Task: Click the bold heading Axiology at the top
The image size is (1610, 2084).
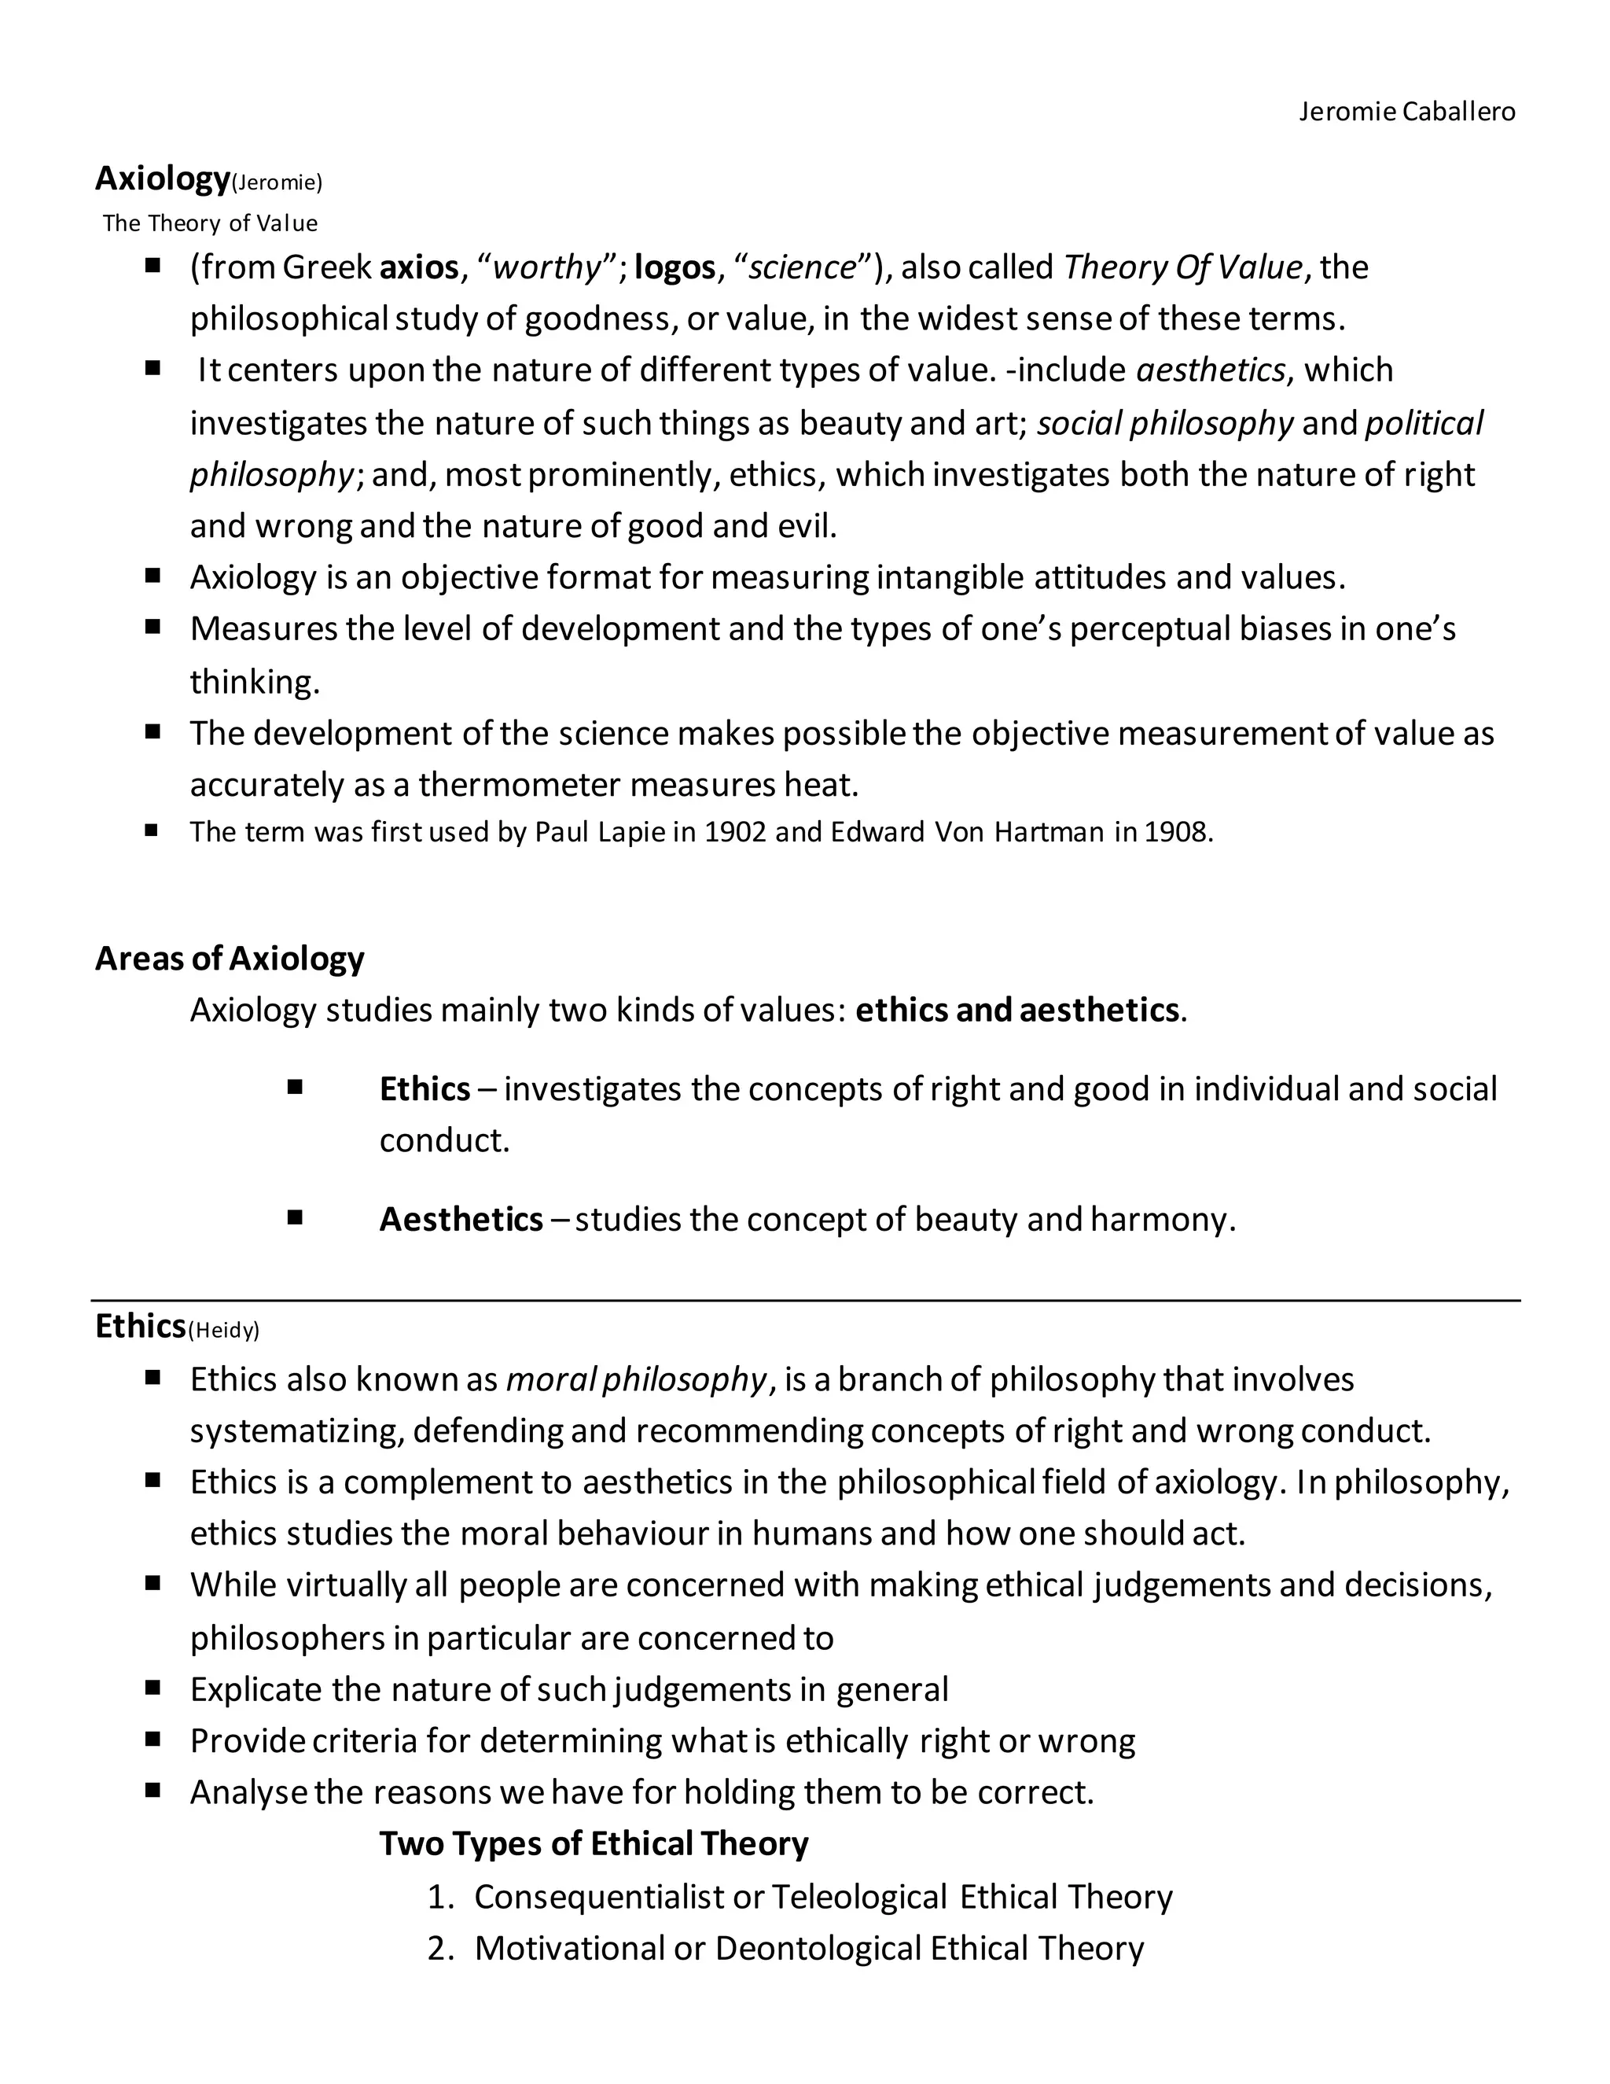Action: click(x=162, y=179)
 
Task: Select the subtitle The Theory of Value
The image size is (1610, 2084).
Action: click(x=210, y=223)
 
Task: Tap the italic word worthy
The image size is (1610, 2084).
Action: click(x=547, y=267)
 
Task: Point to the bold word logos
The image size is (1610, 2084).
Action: click(x=675, y=267)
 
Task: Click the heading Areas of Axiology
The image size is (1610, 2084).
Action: click(x=230, y=958)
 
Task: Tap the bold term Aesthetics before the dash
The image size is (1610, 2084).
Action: click(x=461, y=1220)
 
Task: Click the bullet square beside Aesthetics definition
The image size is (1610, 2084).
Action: click(x=295, y=1217)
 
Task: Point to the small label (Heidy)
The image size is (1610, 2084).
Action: click(x=224, y=1330)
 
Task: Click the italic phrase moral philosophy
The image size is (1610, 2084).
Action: click(x=635, y=1380)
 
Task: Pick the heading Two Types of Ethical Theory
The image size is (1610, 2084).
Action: click(x=594, y=1843)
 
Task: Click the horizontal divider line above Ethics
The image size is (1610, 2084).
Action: click(x=805, y=1300)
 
